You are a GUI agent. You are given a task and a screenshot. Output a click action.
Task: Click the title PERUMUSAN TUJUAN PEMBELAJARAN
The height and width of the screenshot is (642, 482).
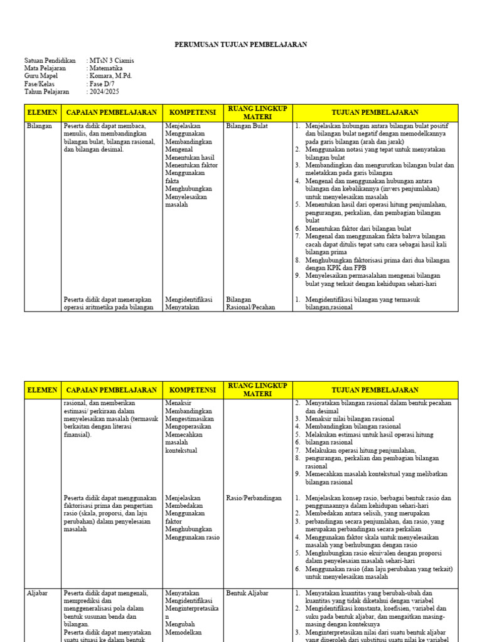(x=240, y=45)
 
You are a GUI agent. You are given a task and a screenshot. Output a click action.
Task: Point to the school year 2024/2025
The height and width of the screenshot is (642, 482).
(x=105, y=92)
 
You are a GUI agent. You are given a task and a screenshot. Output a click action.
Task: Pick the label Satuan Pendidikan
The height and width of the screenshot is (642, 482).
(x=50, y=61)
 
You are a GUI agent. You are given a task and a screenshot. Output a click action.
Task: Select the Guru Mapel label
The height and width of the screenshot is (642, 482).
(x=41, y=76)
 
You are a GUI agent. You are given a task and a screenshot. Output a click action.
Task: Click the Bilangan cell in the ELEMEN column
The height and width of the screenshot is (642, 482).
(x=39, y=126)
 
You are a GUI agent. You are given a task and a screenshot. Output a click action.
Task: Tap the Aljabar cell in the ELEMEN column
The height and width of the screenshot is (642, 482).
(x=38, y=592)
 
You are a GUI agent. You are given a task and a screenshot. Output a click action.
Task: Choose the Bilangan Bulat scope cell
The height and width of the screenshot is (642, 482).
(x=247, y=126)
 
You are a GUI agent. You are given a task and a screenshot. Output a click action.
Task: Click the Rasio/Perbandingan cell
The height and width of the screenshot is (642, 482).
(x=254, y=498)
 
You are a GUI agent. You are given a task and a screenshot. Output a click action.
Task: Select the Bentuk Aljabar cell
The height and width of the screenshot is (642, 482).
(x=247, y=592)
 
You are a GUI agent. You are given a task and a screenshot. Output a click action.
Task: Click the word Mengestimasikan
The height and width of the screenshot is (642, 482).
(x=190, y=419)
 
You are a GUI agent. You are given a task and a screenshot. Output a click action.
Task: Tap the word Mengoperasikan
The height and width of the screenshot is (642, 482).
(x=188, y=426)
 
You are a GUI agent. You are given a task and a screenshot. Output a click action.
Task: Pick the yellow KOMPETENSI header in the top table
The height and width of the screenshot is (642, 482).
(x=191, y=112)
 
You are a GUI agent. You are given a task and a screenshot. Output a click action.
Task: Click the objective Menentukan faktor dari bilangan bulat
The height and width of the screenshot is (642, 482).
(x=358, y=228)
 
